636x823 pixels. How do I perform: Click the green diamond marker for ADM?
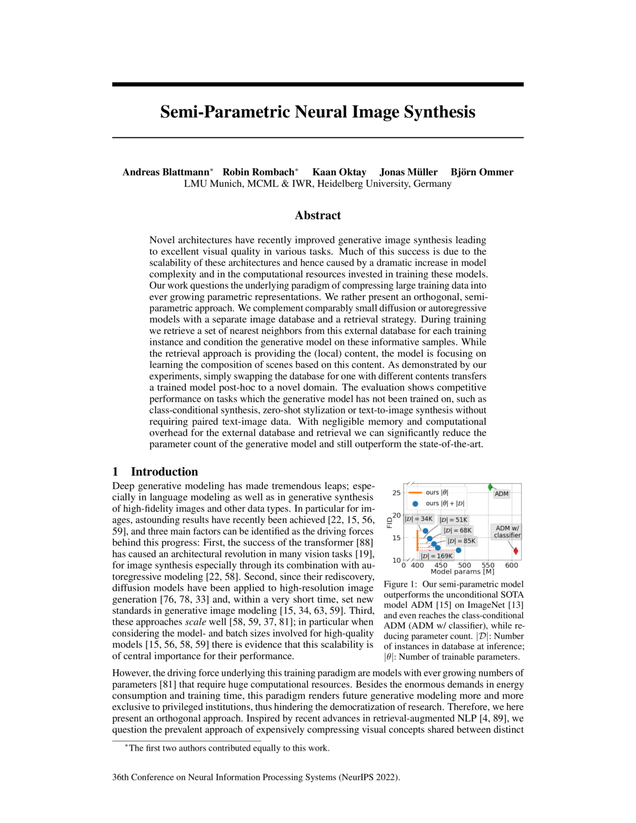[490, 487]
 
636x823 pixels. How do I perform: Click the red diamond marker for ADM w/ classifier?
[515, 551]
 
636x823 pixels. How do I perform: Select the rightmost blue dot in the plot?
[458, 550]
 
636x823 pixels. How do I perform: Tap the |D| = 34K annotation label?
[418, 519]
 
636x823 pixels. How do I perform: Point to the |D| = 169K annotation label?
[437, 556]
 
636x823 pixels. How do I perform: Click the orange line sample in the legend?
[415, 492]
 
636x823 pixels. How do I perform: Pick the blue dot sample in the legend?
[415, 504]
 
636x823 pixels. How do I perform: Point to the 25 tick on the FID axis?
[396, 493]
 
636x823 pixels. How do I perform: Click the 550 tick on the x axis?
[488, 565]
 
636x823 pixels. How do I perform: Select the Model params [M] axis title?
[462, 572]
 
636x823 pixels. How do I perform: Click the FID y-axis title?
[390, 522]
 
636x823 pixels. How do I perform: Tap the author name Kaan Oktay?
[339, 172]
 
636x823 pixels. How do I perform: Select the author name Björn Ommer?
[482, 172]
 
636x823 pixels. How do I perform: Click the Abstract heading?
[318, 215]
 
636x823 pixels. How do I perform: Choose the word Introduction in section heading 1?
[164, 472]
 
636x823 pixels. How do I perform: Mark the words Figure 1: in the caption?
[401, 584]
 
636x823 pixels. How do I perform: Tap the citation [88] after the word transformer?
[364, 543]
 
